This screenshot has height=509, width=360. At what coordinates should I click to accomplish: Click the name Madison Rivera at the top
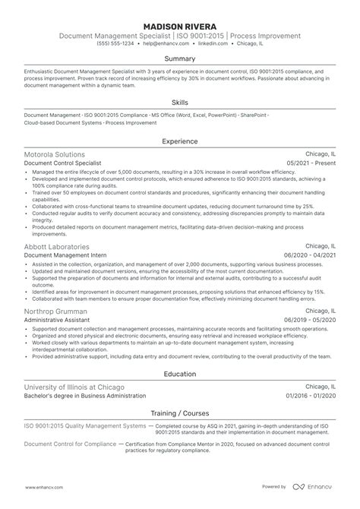(x=180, y=24)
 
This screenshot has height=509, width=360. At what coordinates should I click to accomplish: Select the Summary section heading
(x=180, y=58)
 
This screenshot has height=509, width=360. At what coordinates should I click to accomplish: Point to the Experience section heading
(x=180, y=141)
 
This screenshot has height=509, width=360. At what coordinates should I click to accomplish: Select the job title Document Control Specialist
(x=62, y=163)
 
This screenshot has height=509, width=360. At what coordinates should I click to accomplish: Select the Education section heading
(x=180, y=374)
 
